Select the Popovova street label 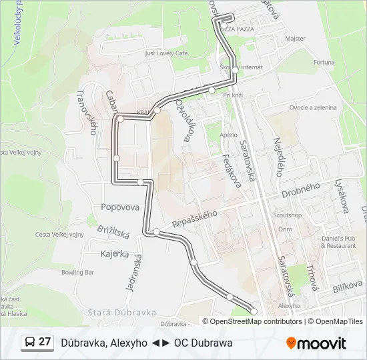click(120, 207)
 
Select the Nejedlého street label click(279, 157)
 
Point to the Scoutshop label click(288, 215)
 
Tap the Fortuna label click(324, 62)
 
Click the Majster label click(295, 39)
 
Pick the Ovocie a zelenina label click(314, 107)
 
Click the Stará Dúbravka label click(121, 312)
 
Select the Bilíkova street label click(347, 287)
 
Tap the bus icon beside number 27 click(30, 343)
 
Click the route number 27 click(45, 342)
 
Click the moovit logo click(316, 343)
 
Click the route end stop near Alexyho click(254, 311)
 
